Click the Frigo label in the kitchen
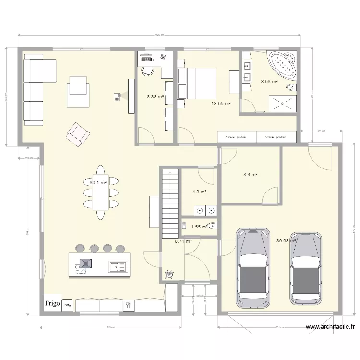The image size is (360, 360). pyautogui.click(x=53, y=303)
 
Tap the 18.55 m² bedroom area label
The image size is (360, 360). pyautogui.click(x=221, y=103)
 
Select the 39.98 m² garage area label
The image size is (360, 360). pyautogui.click(x=286, y=241)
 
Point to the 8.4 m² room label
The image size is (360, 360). pyautogui.click(x=251, y=175)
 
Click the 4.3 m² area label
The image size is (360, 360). pyautogui.click(x=199, y=192)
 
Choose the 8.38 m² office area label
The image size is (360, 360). pyautogui.click(x=156, y=96)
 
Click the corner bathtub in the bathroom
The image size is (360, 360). pyautogui.click(x=282, y=66)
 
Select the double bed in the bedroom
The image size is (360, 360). pyautogui.click(x=197, y=83)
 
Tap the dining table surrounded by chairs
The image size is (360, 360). pyautogui.click(x=101, y=192)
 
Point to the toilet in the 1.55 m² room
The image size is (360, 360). pyautogui.click(x=213, y=226)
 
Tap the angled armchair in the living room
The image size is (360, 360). pyautogui.click(x=78, y=134)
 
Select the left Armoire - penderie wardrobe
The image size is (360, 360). pyautogui.click(x=237, y=137)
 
